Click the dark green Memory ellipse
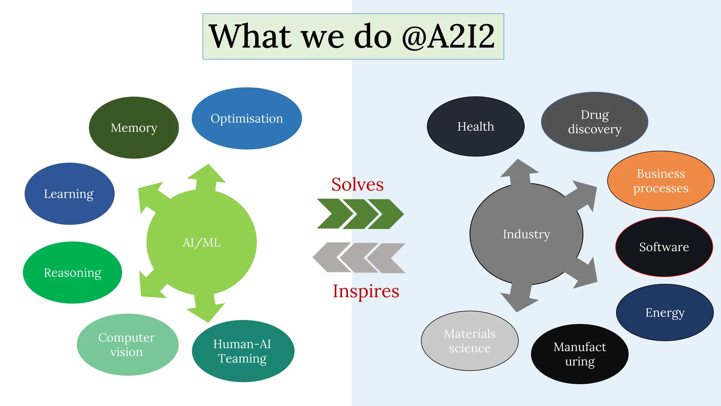[134, 128]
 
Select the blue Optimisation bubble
[246, 118]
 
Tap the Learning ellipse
[69, 193]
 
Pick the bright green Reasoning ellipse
[73, 272]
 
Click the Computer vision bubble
[127, 344]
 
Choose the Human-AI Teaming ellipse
[243, 351]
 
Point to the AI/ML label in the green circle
[201, 242]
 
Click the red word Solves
[357, 184]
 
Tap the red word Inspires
[366, 291]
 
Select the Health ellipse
[476, 126]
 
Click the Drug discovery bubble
[594, 122]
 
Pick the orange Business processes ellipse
[660, 181]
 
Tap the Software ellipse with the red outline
[664, 247]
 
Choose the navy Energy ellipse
[665, 312]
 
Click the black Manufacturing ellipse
[579, 354]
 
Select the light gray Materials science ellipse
[470, 340]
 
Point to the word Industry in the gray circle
[526, 234]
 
